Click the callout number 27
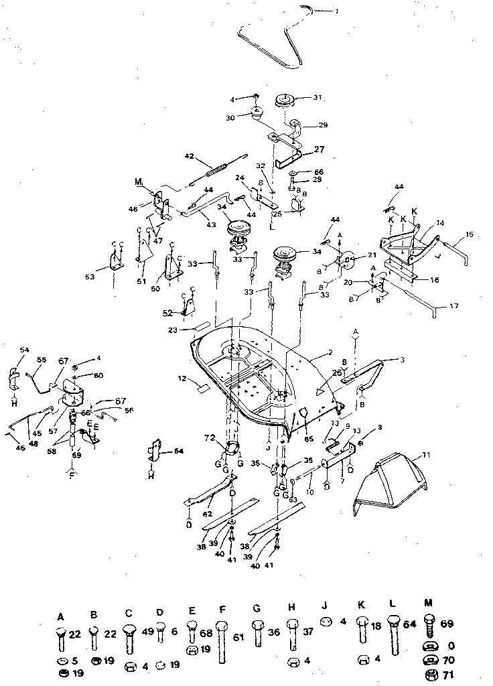tap(319, 150)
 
